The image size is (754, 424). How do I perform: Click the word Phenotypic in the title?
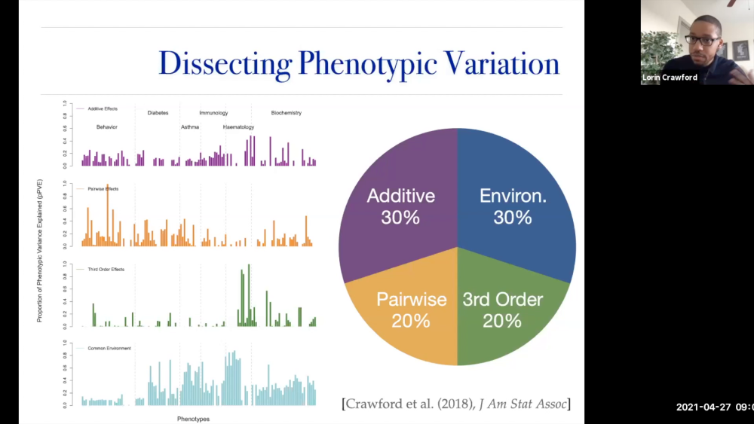tap(366, 63)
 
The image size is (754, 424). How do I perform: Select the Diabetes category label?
tap(158, 113)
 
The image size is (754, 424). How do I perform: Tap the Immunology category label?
tap(213, 113)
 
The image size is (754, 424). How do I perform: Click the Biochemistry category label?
tap(286, 113)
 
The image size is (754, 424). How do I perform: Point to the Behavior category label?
tap(107, 127)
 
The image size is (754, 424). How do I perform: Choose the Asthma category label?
tap(190, 127)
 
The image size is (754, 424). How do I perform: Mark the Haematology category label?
tap(238, 127)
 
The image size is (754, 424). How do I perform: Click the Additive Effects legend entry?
tap(100, 109)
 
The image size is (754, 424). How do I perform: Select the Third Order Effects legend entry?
tap(105, 269)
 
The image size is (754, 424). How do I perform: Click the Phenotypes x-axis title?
tap(193, 419)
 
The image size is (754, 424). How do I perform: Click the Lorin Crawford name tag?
tap(669, 77)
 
